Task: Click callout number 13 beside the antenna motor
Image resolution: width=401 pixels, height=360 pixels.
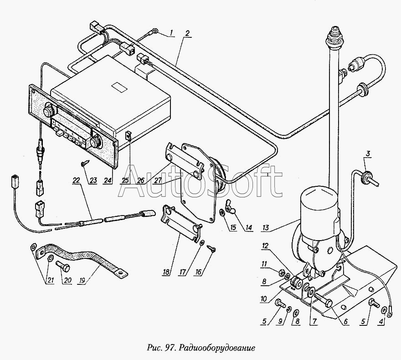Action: pos(266,227)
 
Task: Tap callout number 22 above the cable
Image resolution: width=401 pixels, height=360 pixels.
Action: pos(77,180)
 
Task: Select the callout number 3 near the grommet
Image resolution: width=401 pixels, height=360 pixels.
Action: pos(367,154)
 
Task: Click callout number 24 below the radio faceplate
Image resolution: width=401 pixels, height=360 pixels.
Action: pos(108,180)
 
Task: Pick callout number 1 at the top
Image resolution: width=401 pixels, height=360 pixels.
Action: pos(172,33)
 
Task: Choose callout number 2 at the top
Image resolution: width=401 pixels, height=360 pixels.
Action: pos(187,33)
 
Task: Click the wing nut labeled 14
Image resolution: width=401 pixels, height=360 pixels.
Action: pos(228,204)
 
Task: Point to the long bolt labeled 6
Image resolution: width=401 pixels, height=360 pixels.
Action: pos(324,300)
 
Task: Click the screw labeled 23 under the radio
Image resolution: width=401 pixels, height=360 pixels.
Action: pos(85,163)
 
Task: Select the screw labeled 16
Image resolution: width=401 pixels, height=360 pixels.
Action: pos(211,248)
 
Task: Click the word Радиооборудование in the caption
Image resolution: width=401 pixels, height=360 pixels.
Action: pos(217,348)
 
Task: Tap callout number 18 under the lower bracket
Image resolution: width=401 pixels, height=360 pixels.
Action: pos(166,272)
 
